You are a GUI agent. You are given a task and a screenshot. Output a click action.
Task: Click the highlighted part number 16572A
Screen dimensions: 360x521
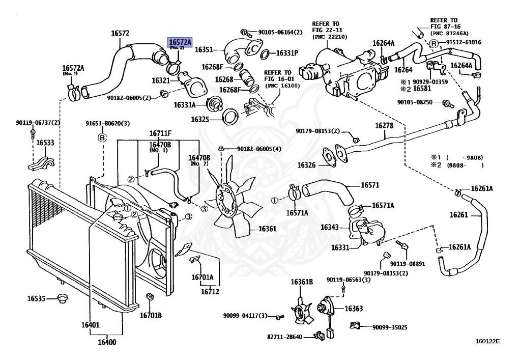click(180, 42)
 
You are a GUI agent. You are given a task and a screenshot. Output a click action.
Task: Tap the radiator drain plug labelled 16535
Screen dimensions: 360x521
click(64, 298)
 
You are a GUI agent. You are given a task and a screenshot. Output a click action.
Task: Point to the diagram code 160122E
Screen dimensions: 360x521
click(487, 342)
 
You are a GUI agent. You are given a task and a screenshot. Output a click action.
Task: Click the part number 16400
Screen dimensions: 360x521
click(106, 342)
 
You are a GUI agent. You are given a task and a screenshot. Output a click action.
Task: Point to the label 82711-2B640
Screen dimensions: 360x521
click(285, 337)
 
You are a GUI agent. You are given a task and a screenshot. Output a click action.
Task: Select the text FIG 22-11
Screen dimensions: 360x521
click(326, 31)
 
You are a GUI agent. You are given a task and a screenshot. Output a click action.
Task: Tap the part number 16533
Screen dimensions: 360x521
click(45, 143)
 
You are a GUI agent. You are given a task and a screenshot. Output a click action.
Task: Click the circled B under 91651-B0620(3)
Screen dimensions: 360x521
click(101, 137)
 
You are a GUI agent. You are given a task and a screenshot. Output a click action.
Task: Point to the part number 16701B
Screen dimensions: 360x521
click(151, 315)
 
